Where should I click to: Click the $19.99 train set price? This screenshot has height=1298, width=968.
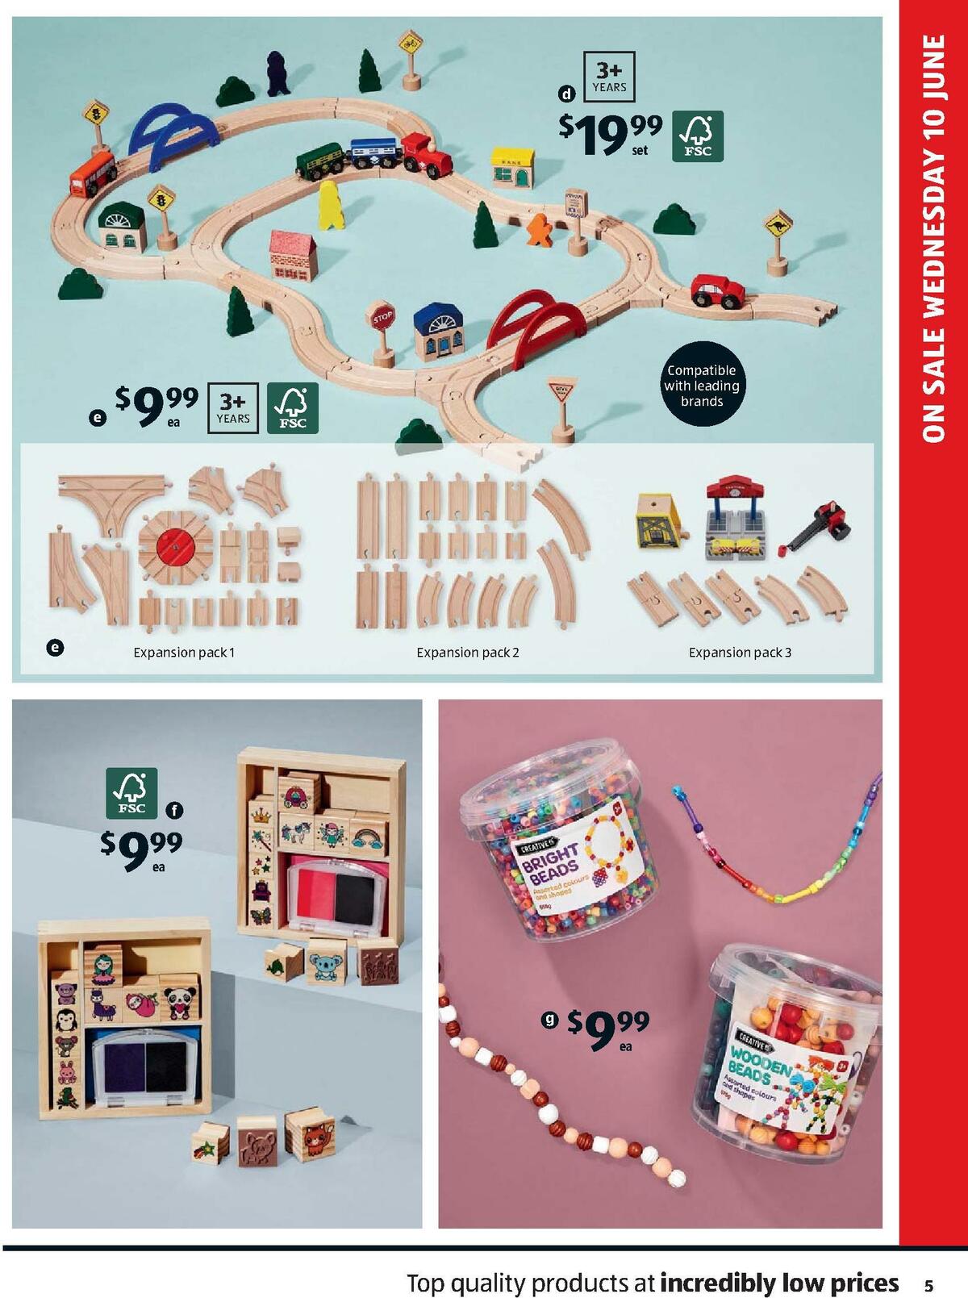[610, 133]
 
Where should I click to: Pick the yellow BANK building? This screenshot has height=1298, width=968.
[514, 167]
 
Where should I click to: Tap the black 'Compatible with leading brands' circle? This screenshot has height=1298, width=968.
[701, 386]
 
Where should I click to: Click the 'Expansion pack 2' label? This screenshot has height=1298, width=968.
[467, 652]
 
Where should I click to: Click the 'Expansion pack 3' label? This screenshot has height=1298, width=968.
[740, 652]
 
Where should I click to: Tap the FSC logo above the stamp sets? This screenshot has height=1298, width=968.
[131, 793]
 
